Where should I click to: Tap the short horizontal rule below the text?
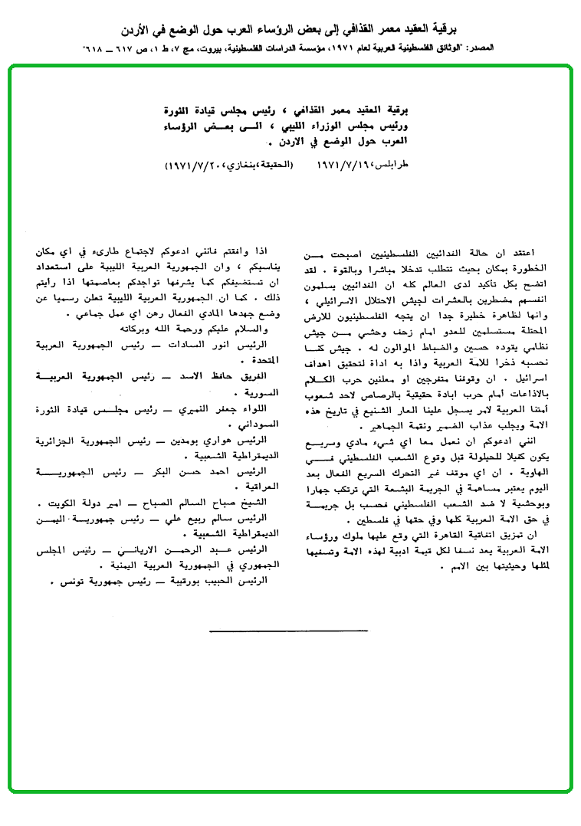coord(289,631)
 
